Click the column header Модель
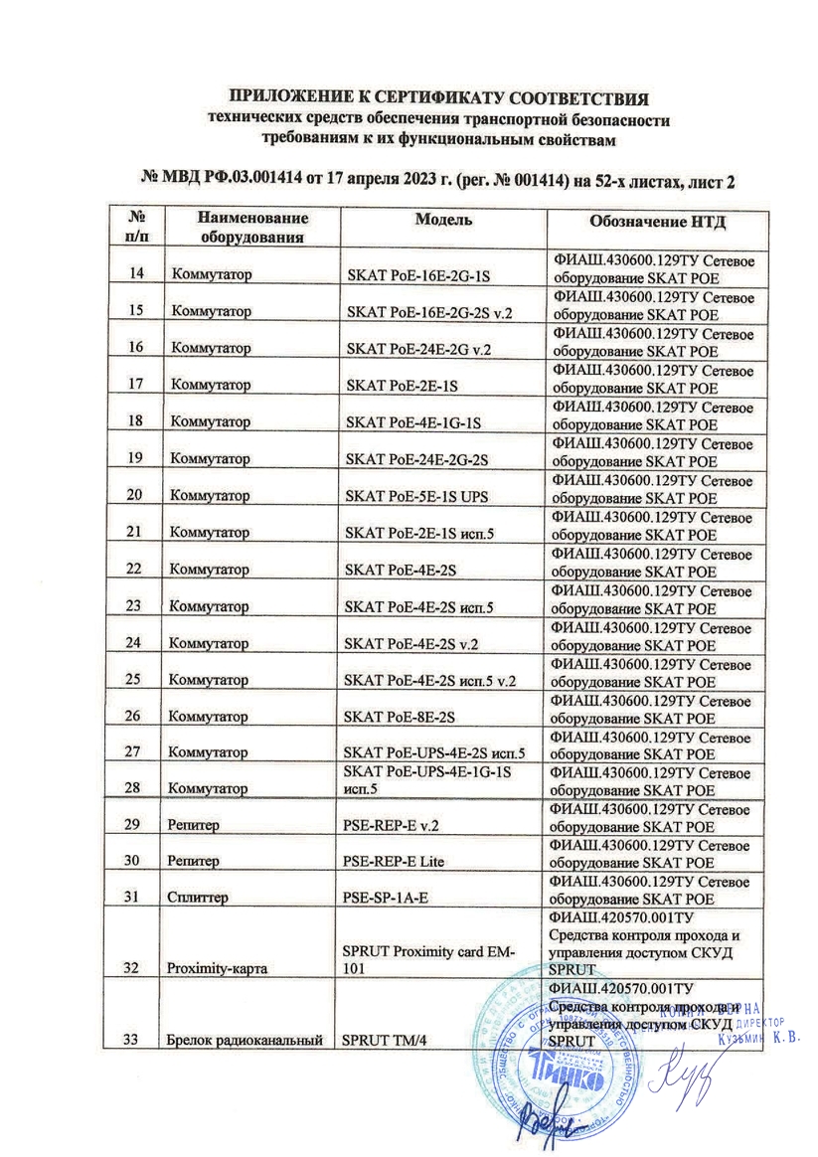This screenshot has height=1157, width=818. (x=442, y=220)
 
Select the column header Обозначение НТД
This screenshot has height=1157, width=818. (x=650, y=221)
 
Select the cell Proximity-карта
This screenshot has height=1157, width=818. (x=213, y=963)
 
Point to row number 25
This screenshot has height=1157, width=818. (x=139, y=679)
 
